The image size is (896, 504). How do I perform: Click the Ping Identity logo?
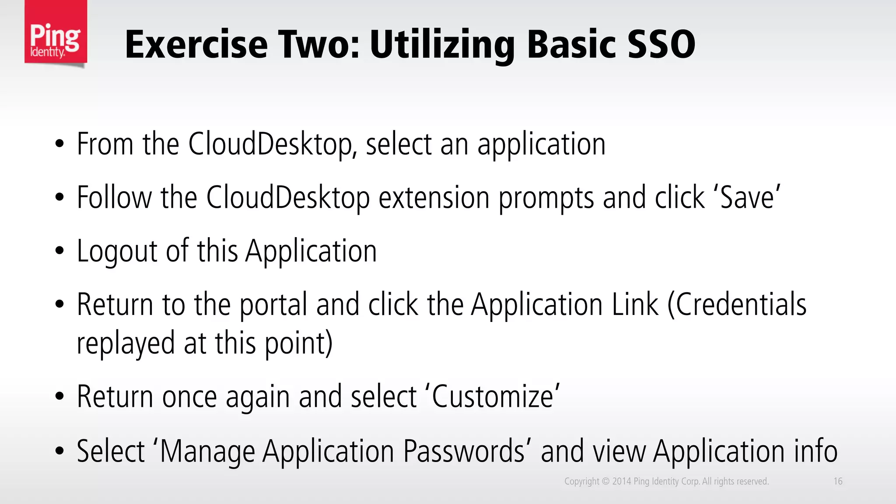point(56,34)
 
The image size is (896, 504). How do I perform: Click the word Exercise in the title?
point(196,45)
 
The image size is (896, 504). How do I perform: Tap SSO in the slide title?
point(661,45)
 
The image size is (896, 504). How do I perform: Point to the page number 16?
point(838,481)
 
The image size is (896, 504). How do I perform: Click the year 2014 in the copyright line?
point(621,481)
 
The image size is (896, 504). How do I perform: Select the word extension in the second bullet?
point(434,198)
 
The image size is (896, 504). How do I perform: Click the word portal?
point(273,305)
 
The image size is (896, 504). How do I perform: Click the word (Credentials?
point(737,304)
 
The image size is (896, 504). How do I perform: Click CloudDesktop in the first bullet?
point(270,144)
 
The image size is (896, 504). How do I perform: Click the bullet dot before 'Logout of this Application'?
point(59,252)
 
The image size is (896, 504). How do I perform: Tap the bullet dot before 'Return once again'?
point(59,397)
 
